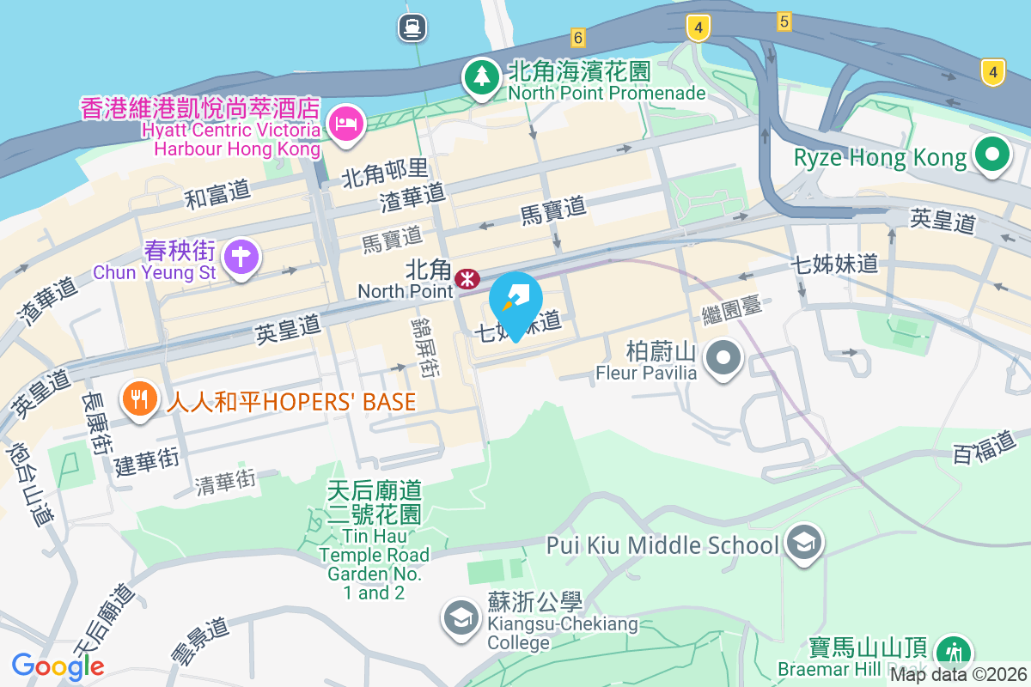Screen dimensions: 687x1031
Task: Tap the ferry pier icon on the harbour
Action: tap(412, 27)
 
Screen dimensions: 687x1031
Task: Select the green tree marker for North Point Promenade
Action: tap(481, 76)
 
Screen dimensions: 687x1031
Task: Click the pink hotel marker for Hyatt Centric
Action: tap(347, 125)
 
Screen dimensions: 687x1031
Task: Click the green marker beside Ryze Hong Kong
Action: tap(992, 155)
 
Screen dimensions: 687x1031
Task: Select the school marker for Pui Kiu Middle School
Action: tap(805, 543)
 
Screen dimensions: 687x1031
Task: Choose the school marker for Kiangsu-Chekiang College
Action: tap(461, 617)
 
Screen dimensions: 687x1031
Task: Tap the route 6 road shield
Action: tap(577, 37)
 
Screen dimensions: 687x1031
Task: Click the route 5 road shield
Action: tap(783, 21)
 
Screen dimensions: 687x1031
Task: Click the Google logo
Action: tap(58, 666)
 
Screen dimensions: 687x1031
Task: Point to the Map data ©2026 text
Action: tap(958, 675)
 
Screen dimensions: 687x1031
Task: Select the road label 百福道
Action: tap(985, 448)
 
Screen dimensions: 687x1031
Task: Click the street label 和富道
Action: tap(218, 196)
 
